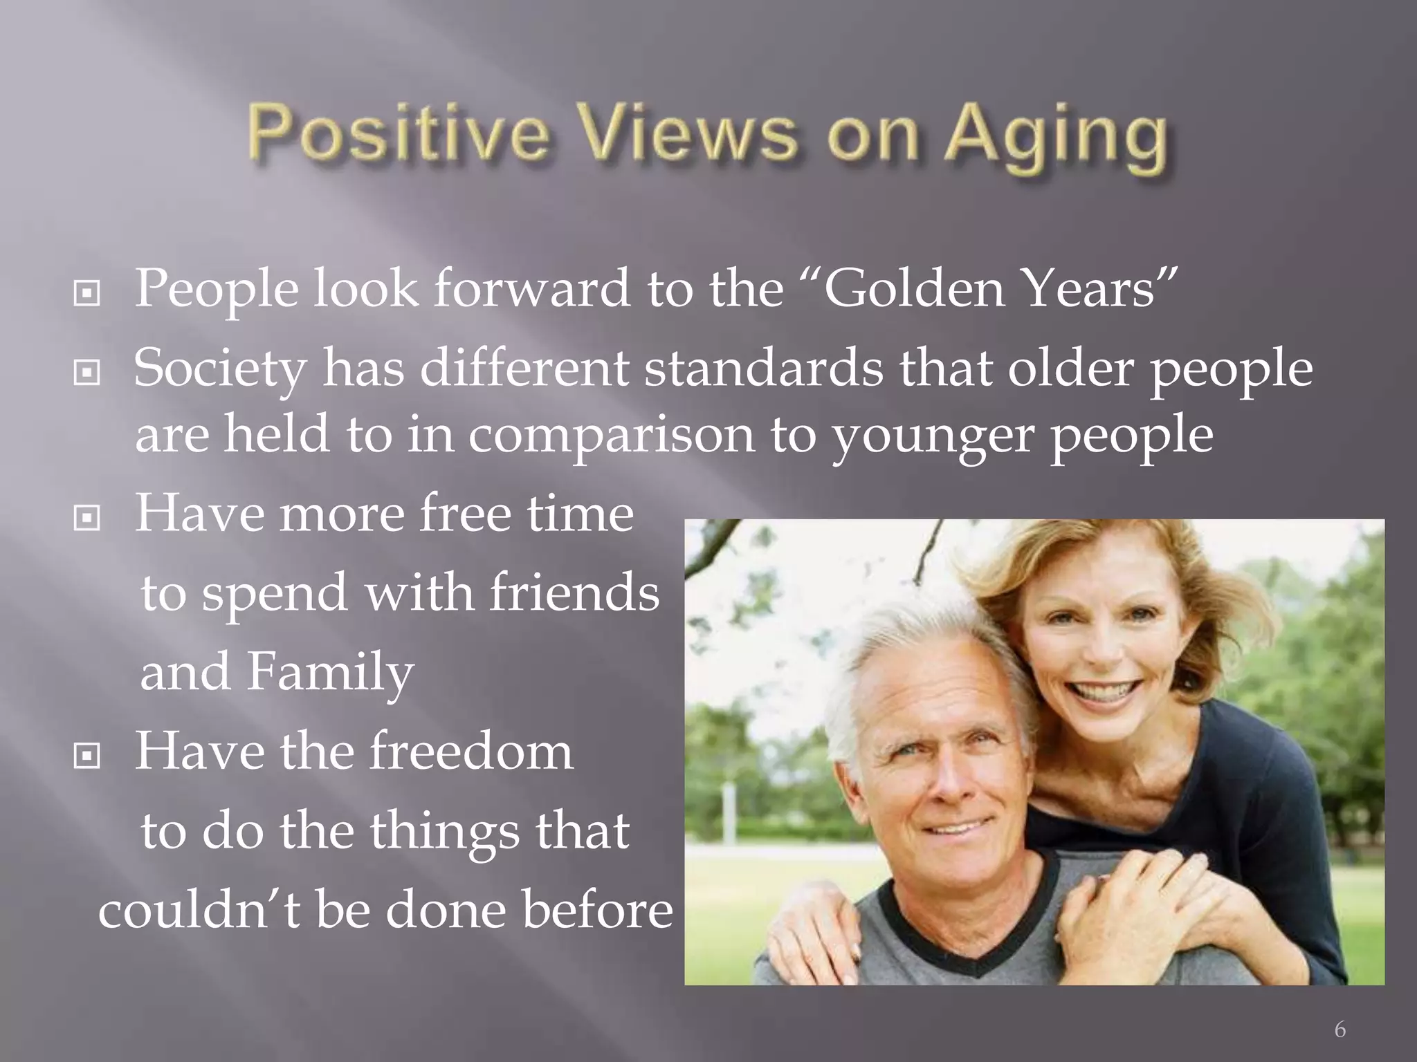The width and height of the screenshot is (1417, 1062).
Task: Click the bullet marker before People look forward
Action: pos(86,295)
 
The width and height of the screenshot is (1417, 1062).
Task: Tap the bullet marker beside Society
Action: pos(86,374)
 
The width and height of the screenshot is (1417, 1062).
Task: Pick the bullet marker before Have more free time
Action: pos(86,518)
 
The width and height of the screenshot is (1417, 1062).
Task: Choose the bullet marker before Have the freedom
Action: pos(86,756)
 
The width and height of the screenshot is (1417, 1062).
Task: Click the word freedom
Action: pos(470,752)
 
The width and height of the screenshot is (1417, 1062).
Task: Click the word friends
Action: pos(574,593)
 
